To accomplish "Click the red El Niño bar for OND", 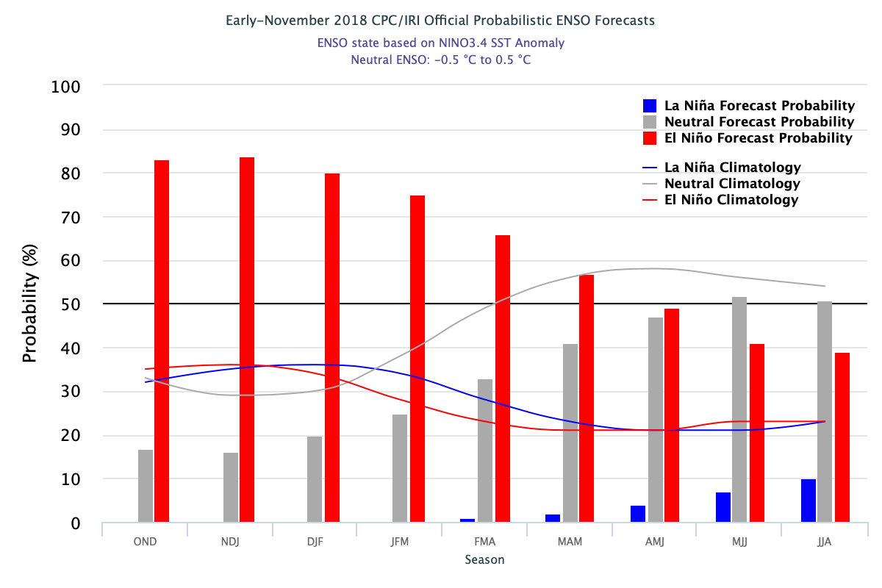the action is tap(162, 341).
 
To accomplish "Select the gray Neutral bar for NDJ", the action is tap(231, 487).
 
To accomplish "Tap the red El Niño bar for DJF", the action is tap(332, 348).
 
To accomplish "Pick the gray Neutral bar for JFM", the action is tap(400, 468).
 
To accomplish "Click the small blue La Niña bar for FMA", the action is tap(467, 520).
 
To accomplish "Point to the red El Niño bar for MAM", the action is tap(587, 398).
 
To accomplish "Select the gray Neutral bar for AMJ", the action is tap(656, 420).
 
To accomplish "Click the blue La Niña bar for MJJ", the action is tap(723, 507).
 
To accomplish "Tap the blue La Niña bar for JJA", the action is tap(808, 501).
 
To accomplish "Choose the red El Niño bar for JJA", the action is tap(842, 437).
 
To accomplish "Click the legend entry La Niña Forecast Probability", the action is tap(748, 106).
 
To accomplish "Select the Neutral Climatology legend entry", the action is tap(721, 184).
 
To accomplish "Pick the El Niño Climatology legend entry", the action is tap(720, 200).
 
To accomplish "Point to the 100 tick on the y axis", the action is tap(65, 87).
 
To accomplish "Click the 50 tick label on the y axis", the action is tap(71, 304).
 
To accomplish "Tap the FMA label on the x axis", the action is tap(484, 542).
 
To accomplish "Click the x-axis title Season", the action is tap(484, 559).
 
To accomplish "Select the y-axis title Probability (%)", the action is tap(29, 304).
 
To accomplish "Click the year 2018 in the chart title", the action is tap(351, 21).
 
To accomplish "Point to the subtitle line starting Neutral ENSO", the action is tap(441, 60).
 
